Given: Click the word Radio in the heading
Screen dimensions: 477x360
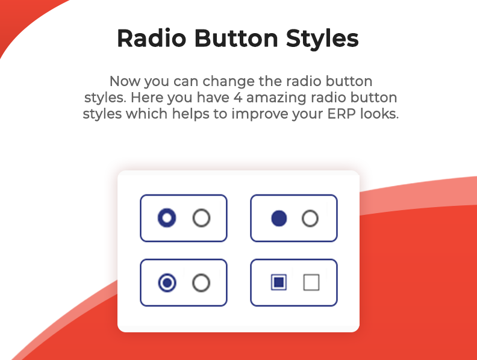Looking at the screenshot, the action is pos(152,39).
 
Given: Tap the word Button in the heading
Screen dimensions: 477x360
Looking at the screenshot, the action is pos(236,39).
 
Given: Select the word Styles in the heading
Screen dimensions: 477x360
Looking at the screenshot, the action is pos(322,39).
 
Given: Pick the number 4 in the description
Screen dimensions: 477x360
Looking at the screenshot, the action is pos(238,98).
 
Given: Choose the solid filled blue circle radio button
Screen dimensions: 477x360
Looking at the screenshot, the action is pos(279,219).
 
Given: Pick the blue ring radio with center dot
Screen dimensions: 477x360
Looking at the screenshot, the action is pos(167,283).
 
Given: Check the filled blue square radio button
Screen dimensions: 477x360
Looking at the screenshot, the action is pos(279,282).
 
